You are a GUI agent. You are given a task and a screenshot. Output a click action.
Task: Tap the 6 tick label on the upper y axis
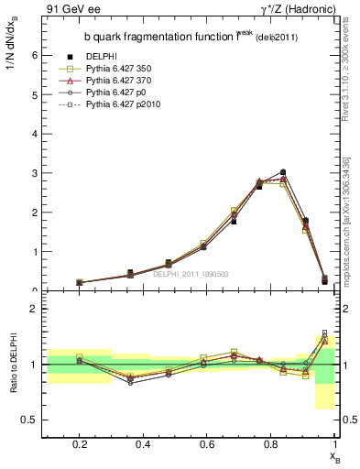pos(34,55)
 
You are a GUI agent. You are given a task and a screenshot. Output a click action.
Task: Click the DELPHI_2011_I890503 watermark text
pos(191,274)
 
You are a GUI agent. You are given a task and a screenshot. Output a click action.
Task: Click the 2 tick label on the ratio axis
pos(34,309)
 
